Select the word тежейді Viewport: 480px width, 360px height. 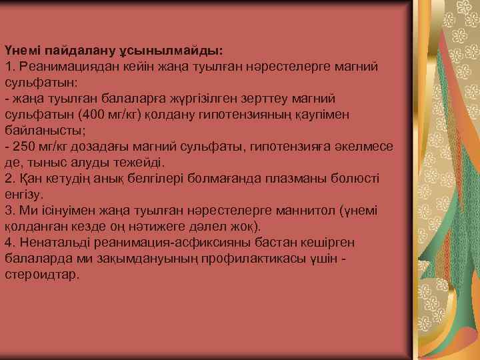point(140,162)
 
